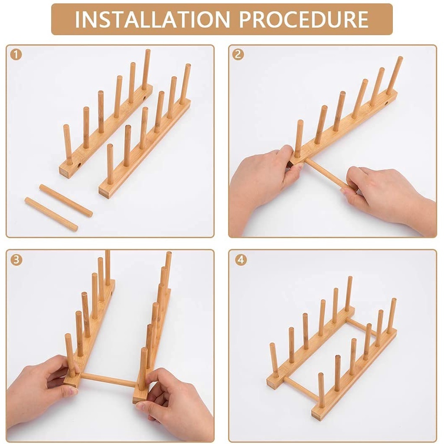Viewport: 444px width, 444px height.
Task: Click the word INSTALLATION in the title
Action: pos(153,19)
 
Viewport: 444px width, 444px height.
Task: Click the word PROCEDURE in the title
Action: pos(304,19)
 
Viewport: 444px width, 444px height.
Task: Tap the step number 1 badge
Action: pos(16,55)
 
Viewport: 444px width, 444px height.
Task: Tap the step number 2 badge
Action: pos(238,54)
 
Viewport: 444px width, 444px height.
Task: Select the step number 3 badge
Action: pos(16,259)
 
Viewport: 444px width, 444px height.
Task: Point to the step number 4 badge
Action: pos(241,259)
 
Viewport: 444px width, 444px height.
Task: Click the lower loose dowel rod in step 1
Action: pos(51,214)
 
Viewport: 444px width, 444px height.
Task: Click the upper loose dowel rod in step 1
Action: pos(66,200)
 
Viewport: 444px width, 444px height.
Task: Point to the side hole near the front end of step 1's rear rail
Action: pos(79,165)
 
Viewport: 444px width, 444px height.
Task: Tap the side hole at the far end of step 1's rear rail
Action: pos(144,99)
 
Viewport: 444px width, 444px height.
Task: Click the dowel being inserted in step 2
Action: pos(326,175)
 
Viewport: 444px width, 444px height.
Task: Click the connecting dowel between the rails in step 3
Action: pos(109,380)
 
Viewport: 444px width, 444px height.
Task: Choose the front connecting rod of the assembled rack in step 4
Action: pos(300,388)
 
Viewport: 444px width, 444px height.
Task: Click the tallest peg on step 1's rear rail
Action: pos(146,69)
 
